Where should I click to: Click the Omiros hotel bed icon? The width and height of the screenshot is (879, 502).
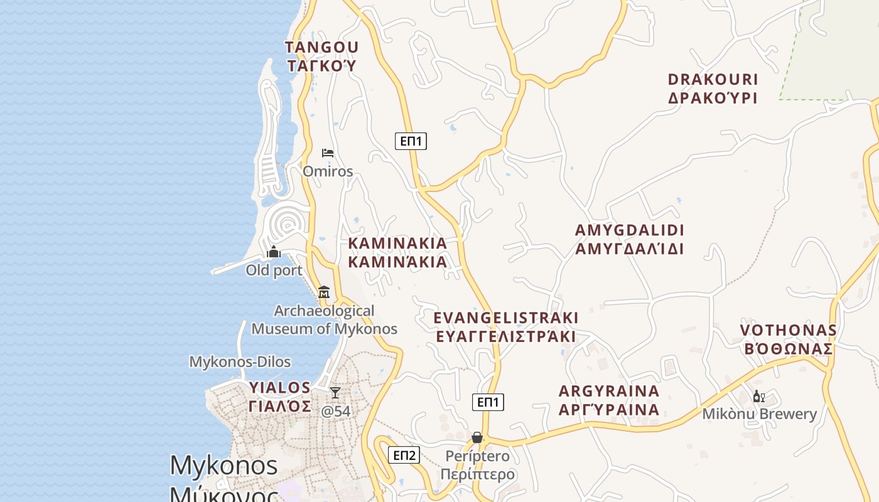click(327, 152)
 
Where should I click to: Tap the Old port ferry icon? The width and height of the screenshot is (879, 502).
click(274, 252)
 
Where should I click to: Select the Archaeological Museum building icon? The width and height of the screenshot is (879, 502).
click(324, 292)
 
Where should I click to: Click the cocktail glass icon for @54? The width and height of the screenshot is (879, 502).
click(335, 392)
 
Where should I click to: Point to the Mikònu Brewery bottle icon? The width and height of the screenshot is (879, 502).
click(758, 396)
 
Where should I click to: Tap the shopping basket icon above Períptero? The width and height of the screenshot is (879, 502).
click(477, 437)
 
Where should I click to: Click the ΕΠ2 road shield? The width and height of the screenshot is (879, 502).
click(404, 455)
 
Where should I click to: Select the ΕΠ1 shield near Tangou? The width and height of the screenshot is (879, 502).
click(411, 141)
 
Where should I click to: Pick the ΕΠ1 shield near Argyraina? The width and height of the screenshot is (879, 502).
click(488, 402)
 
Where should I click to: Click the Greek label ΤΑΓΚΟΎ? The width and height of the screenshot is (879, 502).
click(321, 65)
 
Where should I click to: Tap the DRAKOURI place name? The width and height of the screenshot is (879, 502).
click(713, 80)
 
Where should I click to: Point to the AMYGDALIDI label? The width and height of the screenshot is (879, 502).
click(629, 230)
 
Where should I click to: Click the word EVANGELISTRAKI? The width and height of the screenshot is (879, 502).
click(505, 318)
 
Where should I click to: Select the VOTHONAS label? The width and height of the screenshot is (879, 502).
click(788, 330)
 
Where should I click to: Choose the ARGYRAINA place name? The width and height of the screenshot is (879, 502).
click(609, 392)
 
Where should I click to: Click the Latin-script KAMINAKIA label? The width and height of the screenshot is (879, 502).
click(397, 243)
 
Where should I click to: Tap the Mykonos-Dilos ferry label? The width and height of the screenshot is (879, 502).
click(240, 362)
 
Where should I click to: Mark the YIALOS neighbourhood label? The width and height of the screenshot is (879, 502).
click(280, 387)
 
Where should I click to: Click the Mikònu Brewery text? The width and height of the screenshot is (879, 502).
click(759, 414)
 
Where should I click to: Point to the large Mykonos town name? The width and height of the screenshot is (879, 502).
click(224, 466)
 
